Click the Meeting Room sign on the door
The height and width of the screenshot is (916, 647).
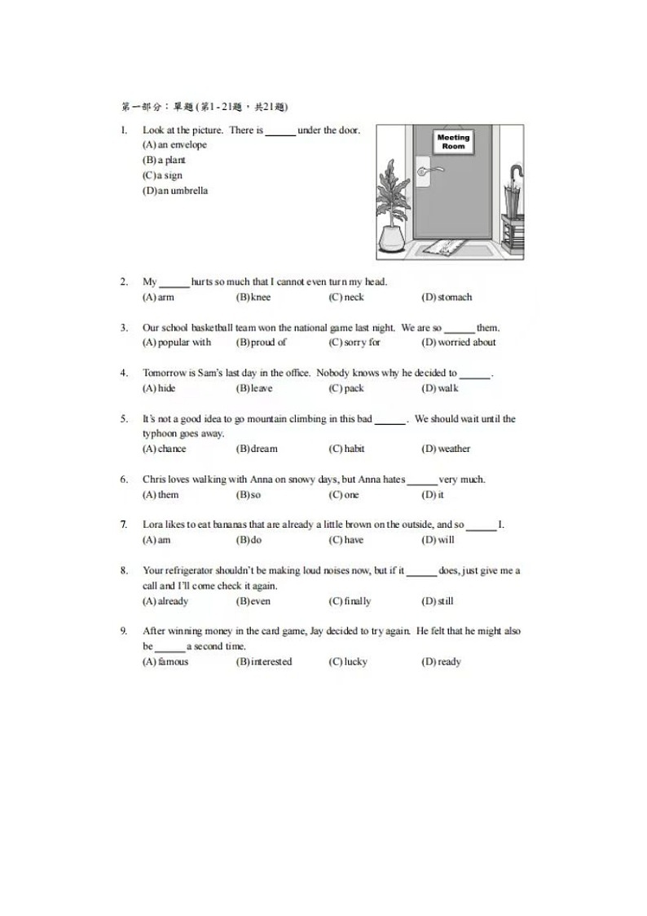pos(454,142)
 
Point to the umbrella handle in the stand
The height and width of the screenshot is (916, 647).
pos(514,176)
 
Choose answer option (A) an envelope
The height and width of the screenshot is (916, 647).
pos(175,145)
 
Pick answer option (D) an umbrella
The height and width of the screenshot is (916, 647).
pos(175,191)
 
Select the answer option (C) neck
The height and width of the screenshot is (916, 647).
pos(346,298)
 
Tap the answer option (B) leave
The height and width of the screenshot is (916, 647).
pos(254,388)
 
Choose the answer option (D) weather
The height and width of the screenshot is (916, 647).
pos(446,449)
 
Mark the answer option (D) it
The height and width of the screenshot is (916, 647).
pos(433,495)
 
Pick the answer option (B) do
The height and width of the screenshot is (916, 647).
pos(249,540)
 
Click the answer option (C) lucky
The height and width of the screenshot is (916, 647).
pos(348,662)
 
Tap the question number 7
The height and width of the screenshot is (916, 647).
pos(124,524)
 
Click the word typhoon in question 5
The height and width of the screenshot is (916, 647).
pos(161,434)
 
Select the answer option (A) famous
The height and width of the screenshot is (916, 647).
pos(165,662)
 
